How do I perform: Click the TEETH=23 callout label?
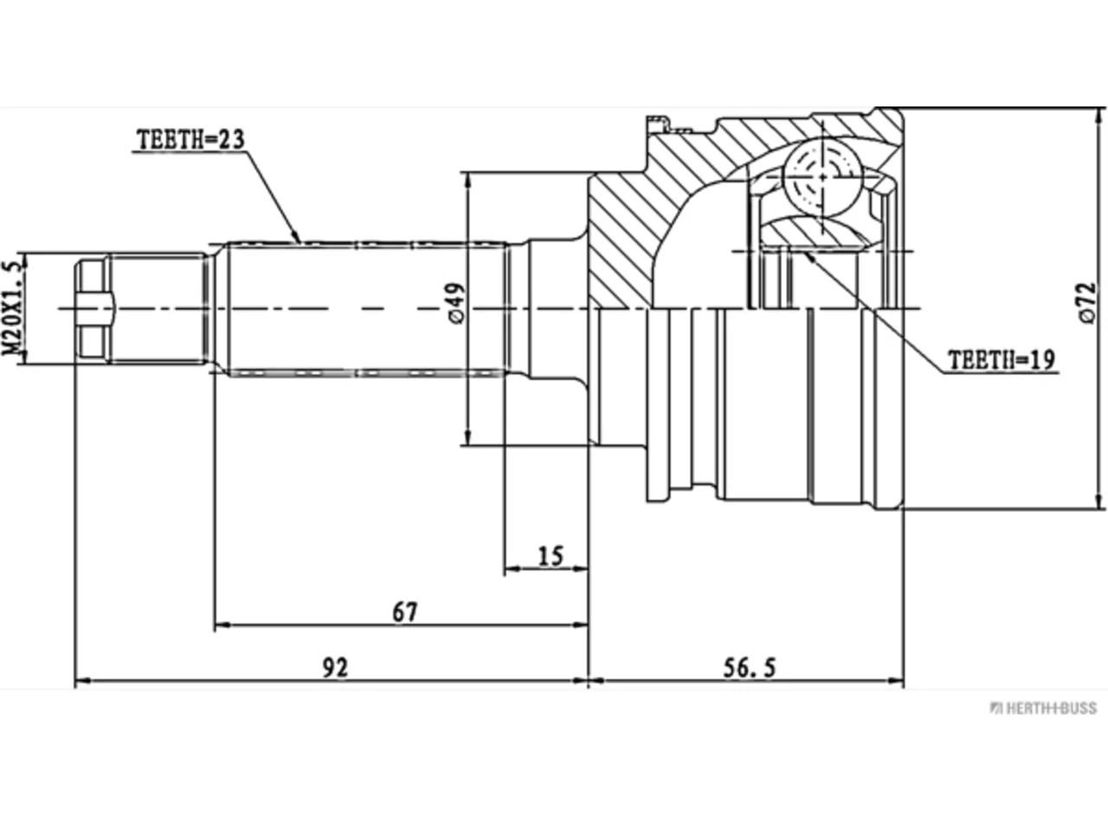[190, 139]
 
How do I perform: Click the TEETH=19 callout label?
[1002, 360]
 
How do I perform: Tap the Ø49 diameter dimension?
[456, 303]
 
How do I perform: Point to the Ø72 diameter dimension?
[1087, 302]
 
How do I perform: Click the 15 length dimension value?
[551, 556]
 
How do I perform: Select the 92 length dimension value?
[335, 668]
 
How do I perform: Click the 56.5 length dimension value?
[749, 668]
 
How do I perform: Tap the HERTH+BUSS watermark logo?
[1043, 708]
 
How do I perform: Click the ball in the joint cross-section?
[821, 177]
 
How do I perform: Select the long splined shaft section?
[366, 309]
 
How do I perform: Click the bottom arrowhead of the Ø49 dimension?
[468, 437]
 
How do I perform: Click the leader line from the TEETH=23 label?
[273, 196]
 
